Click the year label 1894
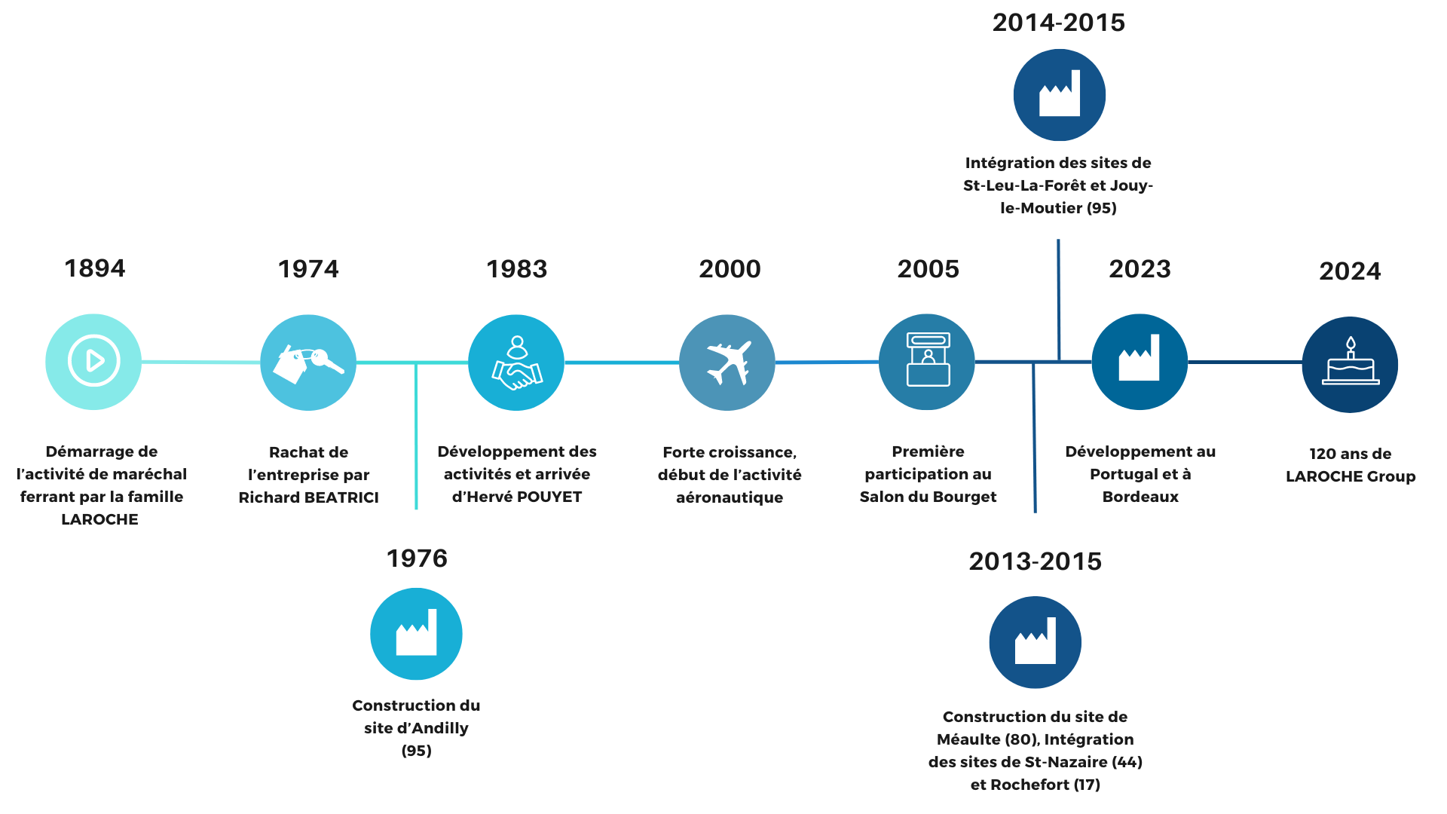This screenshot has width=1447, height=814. (95, 268)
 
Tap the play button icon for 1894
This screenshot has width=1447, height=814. (93, 362)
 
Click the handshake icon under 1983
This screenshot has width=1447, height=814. (516, 363)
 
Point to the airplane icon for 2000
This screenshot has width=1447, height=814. (727, 363)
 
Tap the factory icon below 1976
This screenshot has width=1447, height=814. (416, 634)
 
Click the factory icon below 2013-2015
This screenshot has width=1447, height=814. (1036, 642)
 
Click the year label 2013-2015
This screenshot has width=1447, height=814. (1036, 562)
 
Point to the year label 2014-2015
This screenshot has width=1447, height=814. (1059, 23)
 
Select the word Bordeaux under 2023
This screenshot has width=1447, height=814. (1140, 497)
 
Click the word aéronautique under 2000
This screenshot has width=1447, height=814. (730, 497)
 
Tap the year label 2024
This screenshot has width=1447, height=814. (1350, 271)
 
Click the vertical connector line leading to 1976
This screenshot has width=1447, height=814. (416, 436)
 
